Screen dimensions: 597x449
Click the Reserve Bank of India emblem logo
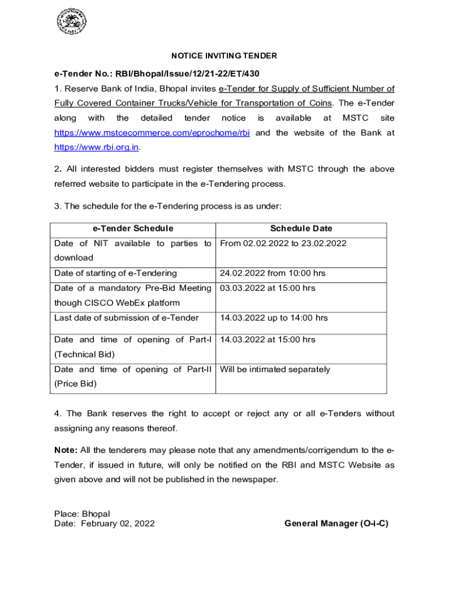(x=72, y=22)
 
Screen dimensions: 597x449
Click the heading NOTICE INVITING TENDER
(x=224, y=56)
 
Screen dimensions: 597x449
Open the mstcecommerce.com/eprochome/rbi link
(x=152, y=133)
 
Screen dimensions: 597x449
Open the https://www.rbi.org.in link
(x=96, y=147)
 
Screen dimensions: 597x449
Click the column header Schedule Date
(x=301, y=229)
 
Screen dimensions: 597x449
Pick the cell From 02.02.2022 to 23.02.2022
(x=283, y=243)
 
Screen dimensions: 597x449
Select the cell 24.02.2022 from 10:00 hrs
(x=272, y=273)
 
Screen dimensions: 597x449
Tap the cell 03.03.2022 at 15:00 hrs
(x=267, y=288)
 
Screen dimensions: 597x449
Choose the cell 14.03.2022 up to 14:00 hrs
(x=273, y=318)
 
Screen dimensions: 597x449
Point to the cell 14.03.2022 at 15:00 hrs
(x=267, y=339)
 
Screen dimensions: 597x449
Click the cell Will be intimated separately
(x=275, y=369)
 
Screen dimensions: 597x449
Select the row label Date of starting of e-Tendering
(x=115, y=273)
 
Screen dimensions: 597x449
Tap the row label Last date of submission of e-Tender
(x=127, y=318)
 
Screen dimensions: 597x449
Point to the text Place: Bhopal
(x=82, y=514)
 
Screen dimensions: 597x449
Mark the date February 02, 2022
(x=118, y=524)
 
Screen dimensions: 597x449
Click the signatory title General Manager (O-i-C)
(x=336, y=524)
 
